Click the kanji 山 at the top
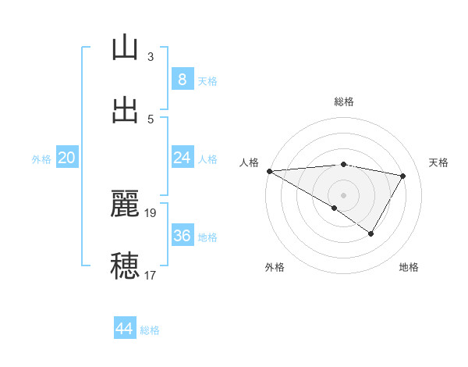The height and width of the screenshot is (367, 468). [125, 48]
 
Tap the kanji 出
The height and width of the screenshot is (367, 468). [125, 109]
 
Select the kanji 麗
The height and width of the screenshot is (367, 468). [125, 204]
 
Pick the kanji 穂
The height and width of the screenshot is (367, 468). [125, 265]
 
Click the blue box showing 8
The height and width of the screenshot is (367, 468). [182, 80]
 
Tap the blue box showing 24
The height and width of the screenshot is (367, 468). [182, 158]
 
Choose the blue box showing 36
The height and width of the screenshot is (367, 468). [182, 236]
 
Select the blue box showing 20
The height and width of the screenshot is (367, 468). [67, 158]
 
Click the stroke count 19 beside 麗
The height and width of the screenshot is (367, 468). [151, 212]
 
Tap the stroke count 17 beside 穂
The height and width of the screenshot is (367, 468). [151, 275]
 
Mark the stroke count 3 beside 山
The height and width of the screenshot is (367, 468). [151, 57]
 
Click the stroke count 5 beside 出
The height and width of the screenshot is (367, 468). [151, 119]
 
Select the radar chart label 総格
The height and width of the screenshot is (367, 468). [344, 102]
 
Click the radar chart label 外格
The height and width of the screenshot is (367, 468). [275, 268]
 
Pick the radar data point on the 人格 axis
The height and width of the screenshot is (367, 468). [269, 171]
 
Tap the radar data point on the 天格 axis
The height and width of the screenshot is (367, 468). [403, 176]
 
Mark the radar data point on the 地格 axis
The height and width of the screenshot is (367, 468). [371, 233]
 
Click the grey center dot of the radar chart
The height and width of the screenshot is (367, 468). [343, 194]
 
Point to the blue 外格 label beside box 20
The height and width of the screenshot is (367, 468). [41, 159]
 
